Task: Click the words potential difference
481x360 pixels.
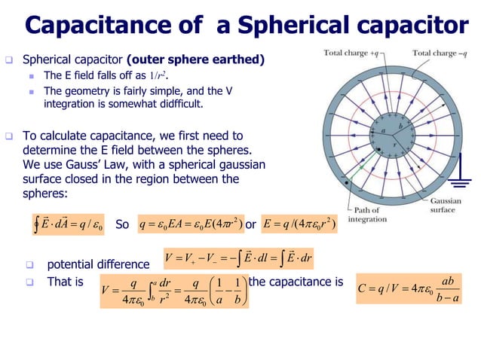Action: point(98,265)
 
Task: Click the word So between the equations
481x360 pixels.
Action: point(123,224)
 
